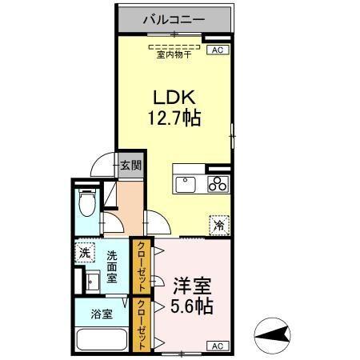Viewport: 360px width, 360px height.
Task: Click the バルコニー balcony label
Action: click(x=174, y=18)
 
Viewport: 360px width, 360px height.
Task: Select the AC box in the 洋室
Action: click(x=215, y=346)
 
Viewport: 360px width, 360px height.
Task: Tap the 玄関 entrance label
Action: click(x=130, y=166)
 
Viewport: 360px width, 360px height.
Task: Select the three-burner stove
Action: click(x=218, y=185)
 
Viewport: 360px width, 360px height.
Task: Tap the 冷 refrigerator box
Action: click(x=218, y=226)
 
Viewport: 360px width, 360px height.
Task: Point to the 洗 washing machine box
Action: click(x=84, y=254)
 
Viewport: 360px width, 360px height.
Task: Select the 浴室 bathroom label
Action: click(x=101, y=314)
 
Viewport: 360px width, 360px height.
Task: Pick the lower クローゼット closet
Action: click(x=142, y=325)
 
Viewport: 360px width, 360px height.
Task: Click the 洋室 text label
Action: click(x=192, y=285)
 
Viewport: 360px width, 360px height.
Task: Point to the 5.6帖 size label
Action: click(x=193, y=306)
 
